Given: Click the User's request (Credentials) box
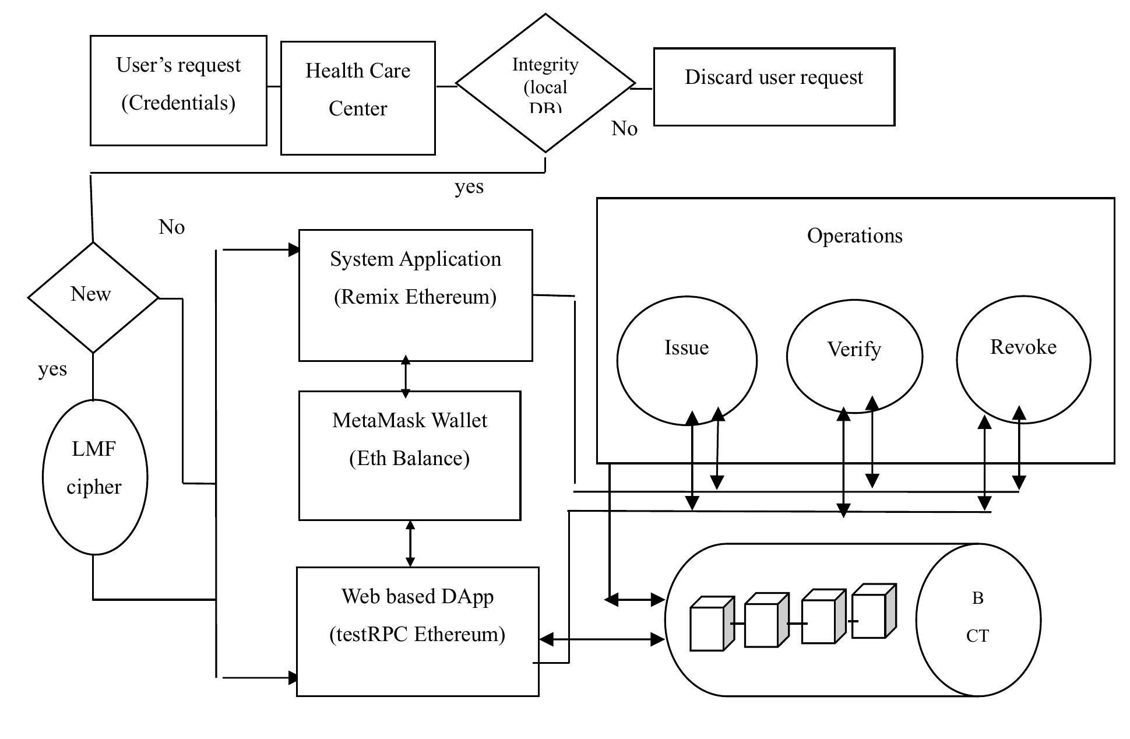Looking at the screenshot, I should pos(178,90).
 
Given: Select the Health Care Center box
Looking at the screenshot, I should pos(358,98).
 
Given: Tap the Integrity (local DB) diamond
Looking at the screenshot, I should pos(545,83).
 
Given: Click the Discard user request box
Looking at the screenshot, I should pos(774,86).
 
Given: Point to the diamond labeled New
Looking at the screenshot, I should pos(93,297).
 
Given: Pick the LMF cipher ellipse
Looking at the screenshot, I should pos(95,477).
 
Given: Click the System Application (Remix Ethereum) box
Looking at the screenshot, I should pos(415,295).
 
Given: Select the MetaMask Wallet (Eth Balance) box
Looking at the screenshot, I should pos(409,455).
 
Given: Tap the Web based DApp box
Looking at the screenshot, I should pos(417,631).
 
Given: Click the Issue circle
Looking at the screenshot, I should pos(687,360).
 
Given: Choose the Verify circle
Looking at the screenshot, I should pos(854,356).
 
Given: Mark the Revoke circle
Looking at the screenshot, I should pos(1023,358).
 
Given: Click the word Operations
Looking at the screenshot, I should pos(854,236).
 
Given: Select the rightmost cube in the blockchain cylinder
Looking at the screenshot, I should pos(873,612).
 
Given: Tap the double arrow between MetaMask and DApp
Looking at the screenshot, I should pos(410,543).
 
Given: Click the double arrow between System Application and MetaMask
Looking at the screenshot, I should pos(406,376).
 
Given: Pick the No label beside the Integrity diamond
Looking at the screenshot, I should pos(624,129).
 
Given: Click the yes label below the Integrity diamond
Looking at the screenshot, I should pos(469,187).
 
